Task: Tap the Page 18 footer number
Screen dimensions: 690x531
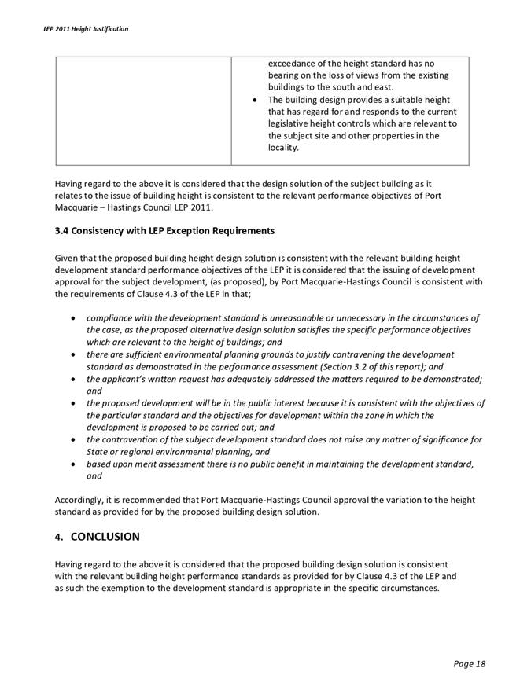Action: click(470, 664)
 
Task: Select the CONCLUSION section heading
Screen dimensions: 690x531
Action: click(105, 537)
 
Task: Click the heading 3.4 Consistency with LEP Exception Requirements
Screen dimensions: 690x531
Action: click(164, 230)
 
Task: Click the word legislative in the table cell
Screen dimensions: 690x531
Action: click(291, 123)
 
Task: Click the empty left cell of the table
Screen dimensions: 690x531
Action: click(142, 110)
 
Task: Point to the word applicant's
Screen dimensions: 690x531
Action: click(126, 379)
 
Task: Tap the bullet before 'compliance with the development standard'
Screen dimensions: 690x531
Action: click(73, 318)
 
